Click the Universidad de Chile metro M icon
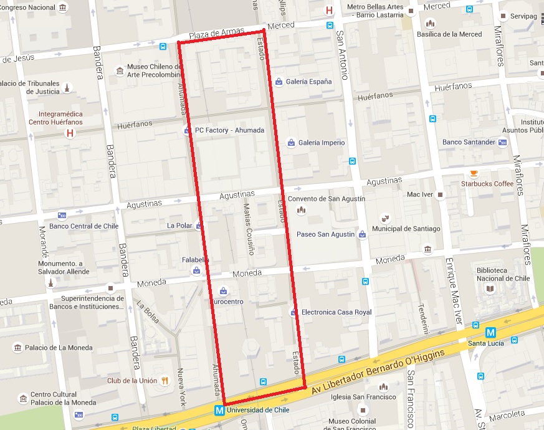pos(219,411)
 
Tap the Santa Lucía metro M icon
pos(490,333)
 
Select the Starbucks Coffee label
pos(487,184)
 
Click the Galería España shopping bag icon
pos(279,82)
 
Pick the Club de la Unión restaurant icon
pos(165,380)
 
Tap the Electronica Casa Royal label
pos(336,312)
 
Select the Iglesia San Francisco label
pos(364,397)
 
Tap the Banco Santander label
pos(469,142)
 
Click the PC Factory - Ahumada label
pos(229,130)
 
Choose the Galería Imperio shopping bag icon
pos(291,143)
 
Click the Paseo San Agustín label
pos(325,234)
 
